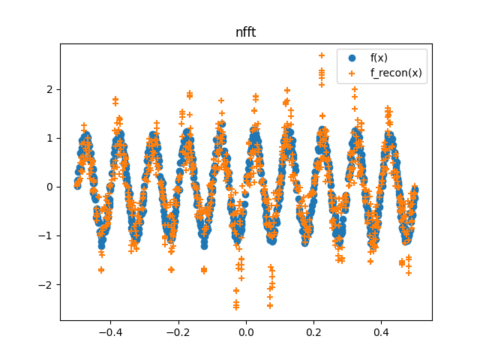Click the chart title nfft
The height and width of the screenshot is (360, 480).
tap(245, 33)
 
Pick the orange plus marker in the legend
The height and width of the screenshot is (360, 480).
tap(352, 73)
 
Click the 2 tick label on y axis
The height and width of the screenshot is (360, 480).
tap(49, 89)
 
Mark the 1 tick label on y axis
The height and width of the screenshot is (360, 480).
tap(49, 138)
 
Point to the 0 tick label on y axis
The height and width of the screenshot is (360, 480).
tap(49, 187)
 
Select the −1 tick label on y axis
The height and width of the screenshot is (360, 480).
tap(46, 235)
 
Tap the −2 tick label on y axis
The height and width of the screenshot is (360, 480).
tap(46, 285)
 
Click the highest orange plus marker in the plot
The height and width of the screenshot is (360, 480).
tap(322, 55)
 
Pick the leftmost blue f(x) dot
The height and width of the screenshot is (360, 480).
tap(77, 185)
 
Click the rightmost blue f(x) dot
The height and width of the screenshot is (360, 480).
tap(414, 190)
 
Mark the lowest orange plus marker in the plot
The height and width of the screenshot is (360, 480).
tap(236, 307)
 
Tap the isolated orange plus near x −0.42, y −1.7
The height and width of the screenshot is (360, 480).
tap(101, 270)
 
